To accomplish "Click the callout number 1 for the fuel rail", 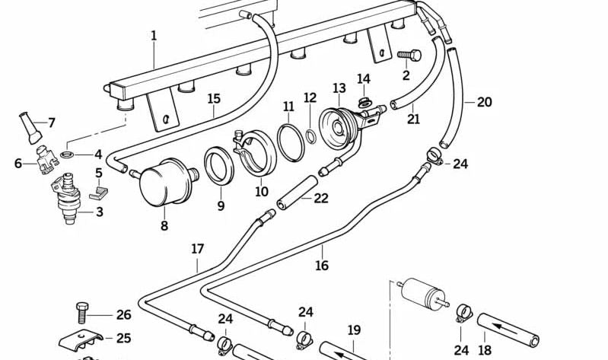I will click(154, 36).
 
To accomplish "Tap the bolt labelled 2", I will click(409, 56).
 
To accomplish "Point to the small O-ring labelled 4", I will click(67, 155).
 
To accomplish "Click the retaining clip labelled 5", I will click(98, 193).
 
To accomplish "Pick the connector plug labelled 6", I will click(46, 158).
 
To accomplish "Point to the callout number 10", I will click(262, 192).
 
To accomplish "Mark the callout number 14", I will click(364, 79).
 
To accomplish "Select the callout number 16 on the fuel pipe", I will click(322, 265).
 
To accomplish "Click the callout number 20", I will click(485, 101).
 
